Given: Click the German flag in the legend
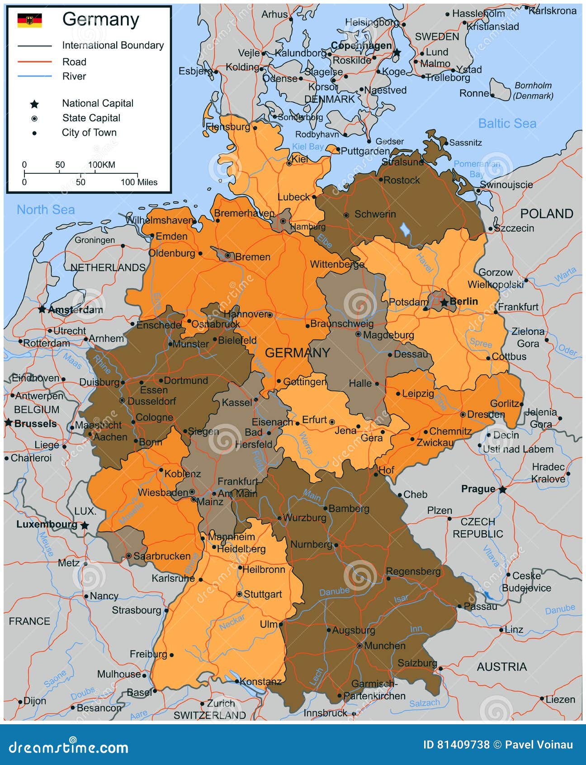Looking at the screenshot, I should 29,20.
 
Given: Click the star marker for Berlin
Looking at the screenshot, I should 444,302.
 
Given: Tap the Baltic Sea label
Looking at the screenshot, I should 507,123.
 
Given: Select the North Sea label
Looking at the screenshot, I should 46,210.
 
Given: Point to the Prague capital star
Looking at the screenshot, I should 502,489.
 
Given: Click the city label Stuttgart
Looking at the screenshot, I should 263,594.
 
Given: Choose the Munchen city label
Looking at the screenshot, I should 385,645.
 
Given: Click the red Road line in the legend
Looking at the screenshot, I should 35,62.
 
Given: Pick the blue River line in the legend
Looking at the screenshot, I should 35,76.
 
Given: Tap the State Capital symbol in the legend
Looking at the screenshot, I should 34,119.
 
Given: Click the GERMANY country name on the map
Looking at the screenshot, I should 297,353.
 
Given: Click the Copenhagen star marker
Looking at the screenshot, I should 397,53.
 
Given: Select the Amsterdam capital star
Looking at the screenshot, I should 42,309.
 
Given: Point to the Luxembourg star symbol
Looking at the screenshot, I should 85,526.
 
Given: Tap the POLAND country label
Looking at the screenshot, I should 546,214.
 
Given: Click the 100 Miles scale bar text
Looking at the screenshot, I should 139,182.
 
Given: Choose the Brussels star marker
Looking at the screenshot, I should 8,423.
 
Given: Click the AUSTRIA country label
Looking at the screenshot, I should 501,666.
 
